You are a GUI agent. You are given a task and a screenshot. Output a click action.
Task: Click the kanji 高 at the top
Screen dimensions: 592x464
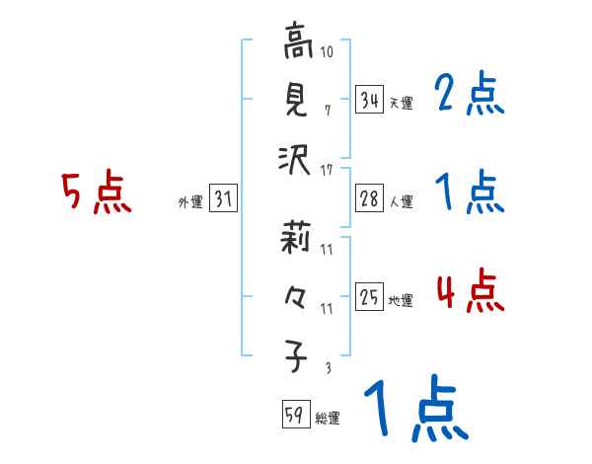tap(296, 44)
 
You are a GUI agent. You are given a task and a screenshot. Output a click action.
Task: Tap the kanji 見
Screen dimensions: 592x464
tap(296, 99)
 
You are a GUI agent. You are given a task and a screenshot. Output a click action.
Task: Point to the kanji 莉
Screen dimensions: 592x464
tap(296, 240)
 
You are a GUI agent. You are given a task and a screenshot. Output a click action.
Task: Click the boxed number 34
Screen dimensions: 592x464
tap(369, 100)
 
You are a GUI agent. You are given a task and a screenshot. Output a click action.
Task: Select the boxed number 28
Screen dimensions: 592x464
tap(369, 198)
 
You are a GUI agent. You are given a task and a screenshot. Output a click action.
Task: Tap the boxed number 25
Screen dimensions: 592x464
tap(369, 297)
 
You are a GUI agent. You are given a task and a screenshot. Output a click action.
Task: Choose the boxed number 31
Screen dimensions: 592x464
tap(222, 198)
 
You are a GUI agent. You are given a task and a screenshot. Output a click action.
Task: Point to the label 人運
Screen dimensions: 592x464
tap(401, 201)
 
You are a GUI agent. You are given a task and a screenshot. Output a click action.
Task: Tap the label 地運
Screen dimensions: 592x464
tap(401, 300)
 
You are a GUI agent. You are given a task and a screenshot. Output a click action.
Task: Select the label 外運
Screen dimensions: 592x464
tap(189, 201)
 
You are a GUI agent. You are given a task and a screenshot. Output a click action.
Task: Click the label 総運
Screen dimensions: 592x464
tap(327, 418)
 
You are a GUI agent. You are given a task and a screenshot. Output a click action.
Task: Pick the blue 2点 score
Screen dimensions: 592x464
tap(470, 96)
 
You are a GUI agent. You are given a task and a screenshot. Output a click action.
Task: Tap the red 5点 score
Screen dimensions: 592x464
tap(96, 193)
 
